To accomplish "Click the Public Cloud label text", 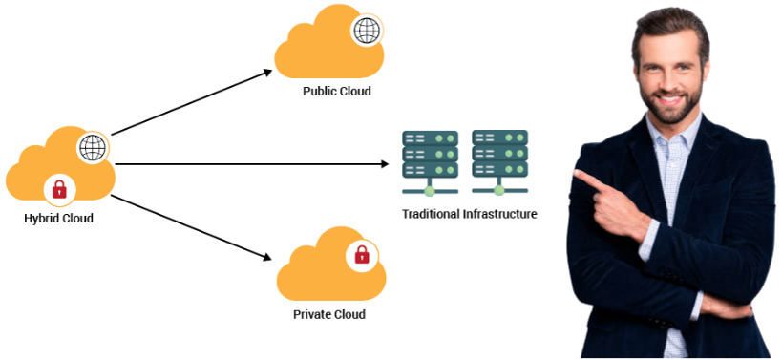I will click(336, 92).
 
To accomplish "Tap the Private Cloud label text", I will click(328, 314).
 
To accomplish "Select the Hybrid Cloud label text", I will click(58, 219).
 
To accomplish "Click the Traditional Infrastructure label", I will click(469, 214).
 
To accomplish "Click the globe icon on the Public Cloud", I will click(366, 31).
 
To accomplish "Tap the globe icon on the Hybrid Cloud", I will click(92, 148).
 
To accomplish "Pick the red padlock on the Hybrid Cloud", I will click(59, 189).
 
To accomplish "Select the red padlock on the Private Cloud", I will click(362, 254).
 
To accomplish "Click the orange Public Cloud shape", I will click(325, 53).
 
